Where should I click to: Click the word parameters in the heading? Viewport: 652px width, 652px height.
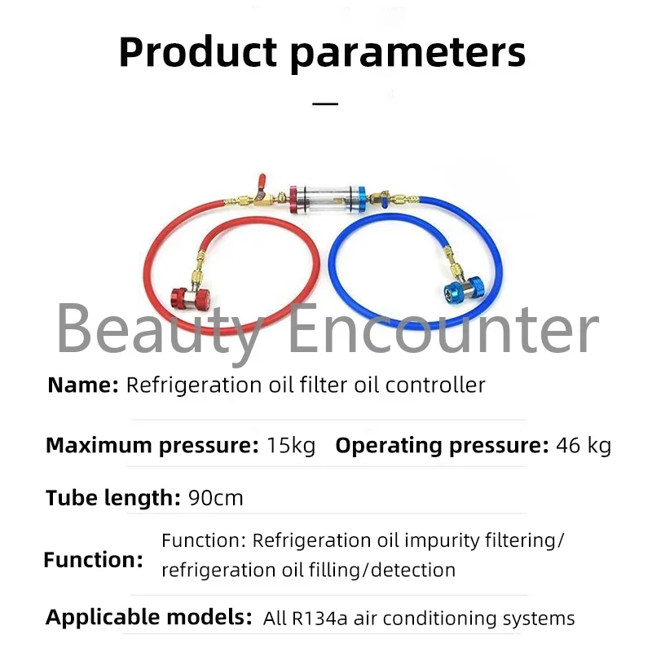tap(408, 55)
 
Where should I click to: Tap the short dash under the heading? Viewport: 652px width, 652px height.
tap(324, 104)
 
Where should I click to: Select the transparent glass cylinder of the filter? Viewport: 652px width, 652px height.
tap(328, 200)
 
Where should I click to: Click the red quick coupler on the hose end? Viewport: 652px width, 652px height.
tap(191, 297)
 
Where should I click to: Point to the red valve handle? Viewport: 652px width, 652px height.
tap(261, 183)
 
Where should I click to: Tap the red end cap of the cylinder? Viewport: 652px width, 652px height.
tap(294, 200)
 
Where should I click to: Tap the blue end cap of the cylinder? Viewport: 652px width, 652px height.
tap(362, 200)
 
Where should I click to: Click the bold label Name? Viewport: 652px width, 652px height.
tap(83, 385)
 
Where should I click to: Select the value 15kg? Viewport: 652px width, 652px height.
tap(291, 445)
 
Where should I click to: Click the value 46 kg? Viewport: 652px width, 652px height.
tap(584, 446)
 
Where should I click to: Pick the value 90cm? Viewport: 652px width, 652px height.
tap(216, 498)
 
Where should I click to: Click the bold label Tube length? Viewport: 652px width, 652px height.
tap(113, 498)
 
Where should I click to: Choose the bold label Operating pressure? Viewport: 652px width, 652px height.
tap(442, 446)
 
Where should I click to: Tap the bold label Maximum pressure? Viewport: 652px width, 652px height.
tap(152, 446)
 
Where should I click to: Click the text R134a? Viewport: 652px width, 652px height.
tap(319, 619)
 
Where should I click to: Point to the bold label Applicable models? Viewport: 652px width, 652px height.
tap(149, 618)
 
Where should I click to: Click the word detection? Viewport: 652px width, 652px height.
tap(413, 570)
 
